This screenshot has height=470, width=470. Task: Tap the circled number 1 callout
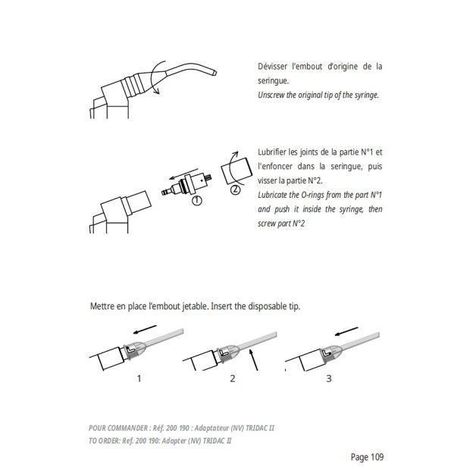(x=197, y=201)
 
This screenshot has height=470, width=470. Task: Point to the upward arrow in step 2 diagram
(x=256, y=362)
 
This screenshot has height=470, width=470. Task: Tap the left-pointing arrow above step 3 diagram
(x=347, y=331)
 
